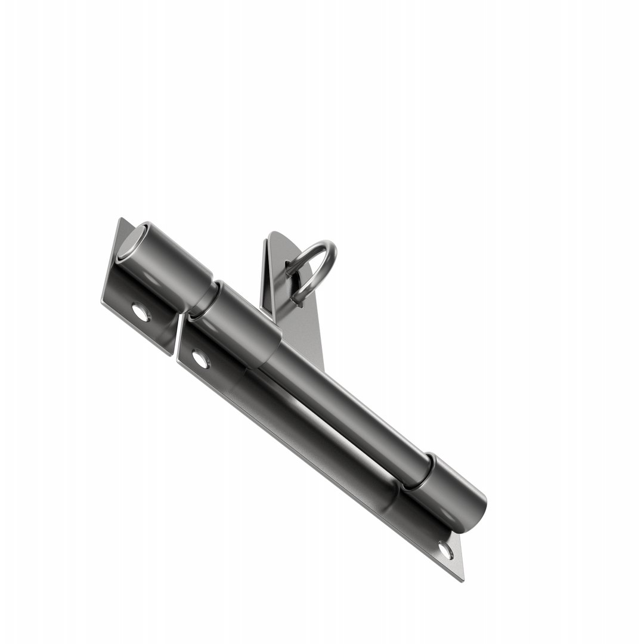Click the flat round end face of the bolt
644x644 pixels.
[131, 241]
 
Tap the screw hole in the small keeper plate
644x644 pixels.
[141, 312]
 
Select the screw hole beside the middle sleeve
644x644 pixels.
[200, 359]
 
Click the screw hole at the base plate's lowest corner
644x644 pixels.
[445, 550]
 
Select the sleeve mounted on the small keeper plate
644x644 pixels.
[170, 262]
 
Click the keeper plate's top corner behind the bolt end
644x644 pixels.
[122, 221]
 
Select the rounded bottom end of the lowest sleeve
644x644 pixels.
[477, 514]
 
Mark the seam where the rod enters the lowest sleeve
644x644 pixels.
[421, 471]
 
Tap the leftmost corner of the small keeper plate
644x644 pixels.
[103, 302]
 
